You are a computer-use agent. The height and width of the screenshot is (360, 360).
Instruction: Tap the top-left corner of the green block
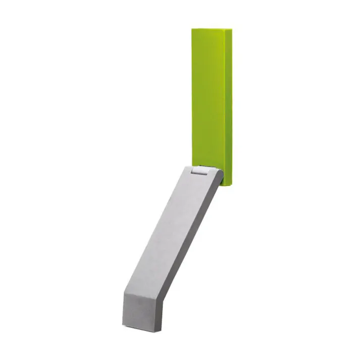pyautogui.click(x=192, y=29)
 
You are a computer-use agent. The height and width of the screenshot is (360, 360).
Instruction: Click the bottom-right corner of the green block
pyautogui.click(x=231, y=185)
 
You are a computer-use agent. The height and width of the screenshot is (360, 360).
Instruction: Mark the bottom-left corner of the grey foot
pyautogui.click(x=123, y=323)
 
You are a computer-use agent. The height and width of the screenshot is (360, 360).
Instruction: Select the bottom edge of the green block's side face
pyautogui.click(x=228, y=185)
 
